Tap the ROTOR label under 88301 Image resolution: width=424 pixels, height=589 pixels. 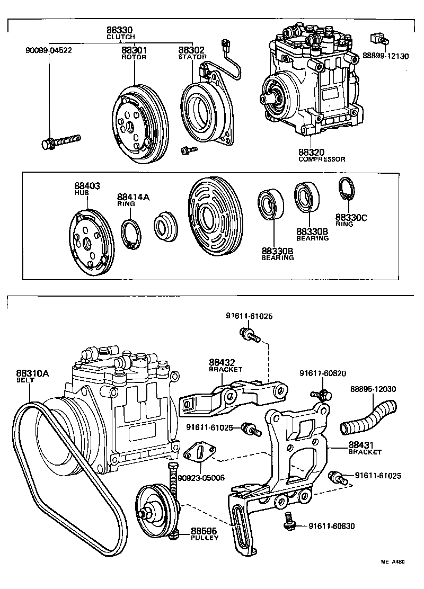pyautogui.click(x=134, y=57)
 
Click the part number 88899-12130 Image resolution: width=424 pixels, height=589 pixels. pyautogui.click(x=385, y=56)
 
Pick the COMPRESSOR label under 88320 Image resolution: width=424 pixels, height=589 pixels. pyautogui.click(x=321, y=159)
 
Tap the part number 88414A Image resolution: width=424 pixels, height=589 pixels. pyautogui.click(x=134, y=197)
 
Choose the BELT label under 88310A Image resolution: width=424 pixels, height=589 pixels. pyautogui.click(x=25, y=380)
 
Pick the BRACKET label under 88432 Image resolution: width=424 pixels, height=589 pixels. pyautogui.click(x=225, y=369)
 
